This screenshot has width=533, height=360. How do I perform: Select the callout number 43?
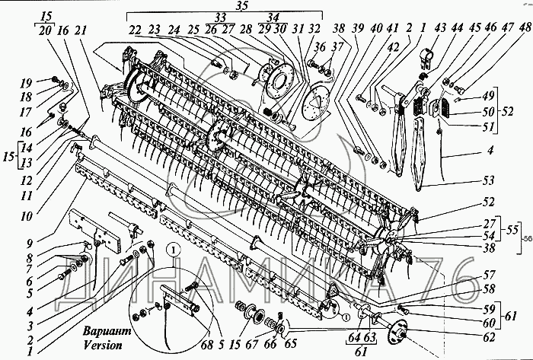(440, 28)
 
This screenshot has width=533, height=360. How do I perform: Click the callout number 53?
(488, 180)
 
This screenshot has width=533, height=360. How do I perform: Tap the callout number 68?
(206, 344)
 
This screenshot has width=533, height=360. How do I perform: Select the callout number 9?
(30, 243)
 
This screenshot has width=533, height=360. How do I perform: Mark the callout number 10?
(26, 216)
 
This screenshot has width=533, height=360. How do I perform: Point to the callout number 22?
(135, 30)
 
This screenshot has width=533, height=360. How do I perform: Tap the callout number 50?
(488, 111)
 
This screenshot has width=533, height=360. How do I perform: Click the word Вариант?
(107, 331)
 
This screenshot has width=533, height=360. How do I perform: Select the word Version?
(103, 345)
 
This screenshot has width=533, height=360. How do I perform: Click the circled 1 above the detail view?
(174, 250)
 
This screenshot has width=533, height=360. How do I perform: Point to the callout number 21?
(80, 30)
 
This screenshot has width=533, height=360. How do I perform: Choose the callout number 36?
(320, 47)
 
